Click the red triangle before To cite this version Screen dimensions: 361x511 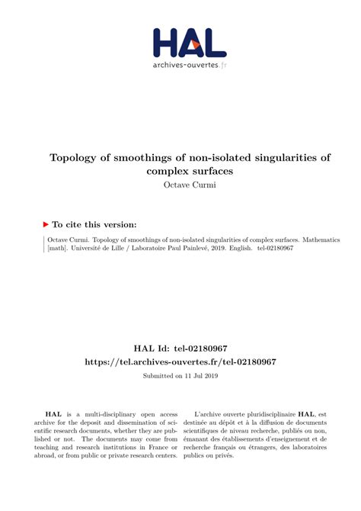pos(46,224)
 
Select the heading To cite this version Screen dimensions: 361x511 pos(94,224)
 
